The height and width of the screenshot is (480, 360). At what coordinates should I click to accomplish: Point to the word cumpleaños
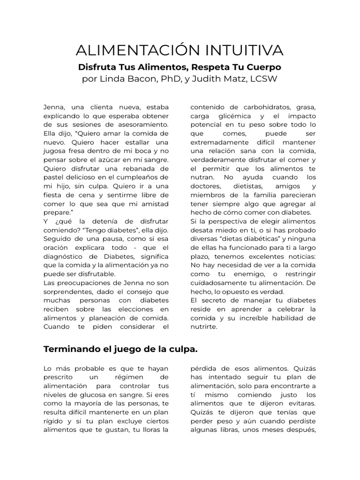point(142,178)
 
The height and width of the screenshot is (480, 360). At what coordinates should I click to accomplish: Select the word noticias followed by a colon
point(300,256)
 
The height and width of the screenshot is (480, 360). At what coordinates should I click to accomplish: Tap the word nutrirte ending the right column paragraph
point(204,327)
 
